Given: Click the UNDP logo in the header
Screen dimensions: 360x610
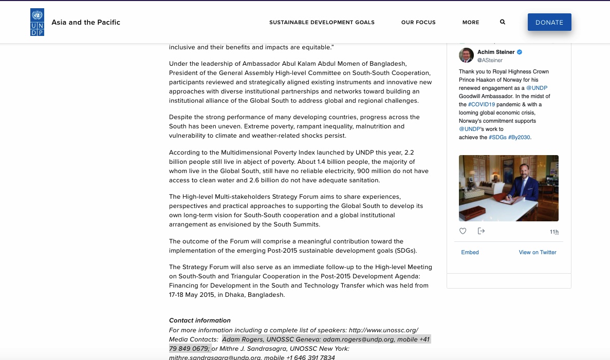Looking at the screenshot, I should (x=37, y=23).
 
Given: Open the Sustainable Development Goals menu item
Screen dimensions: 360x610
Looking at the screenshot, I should (x=322, y=23).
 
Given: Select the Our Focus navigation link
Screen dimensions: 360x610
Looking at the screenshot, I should (x=418, y=23).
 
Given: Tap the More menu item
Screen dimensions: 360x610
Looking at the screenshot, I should (x=471, y=23).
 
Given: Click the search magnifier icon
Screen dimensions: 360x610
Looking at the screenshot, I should (x=503, y=22).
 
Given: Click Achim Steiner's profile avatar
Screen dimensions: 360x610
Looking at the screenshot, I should (x=466, y=55).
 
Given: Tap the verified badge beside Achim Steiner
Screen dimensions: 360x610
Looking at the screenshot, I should (x=520, y=52).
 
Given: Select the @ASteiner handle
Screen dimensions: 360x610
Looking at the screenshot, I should (x=490, y=61).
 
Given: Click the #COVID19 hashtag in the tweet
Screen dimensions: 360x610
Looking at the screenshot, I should (x=482, y=105).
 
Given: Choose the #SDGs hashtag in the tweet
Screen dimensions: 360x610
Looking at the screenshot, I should (x=497, y=138).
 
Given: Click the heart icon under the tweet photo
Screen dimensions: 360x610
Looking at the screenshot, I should (x=463, y=231).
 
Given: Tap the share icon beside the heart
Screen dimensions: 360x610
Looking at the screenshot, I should (x=482, y=231).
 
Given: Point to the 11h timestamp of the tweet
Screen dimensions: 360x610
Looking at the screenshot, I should (x=554, y=232).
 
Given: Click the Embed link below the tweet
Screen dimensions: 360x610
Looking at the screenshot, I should (x=470, y=253).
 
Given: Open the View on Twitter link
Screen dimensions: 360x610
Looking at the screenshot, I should (x=538, y=253).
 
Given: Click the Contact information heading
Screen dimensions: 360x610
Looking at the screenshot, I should (x=200, y=320).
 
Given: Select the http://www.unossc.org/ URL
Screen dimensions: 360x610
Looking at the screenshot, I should (x=383, y=330).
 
